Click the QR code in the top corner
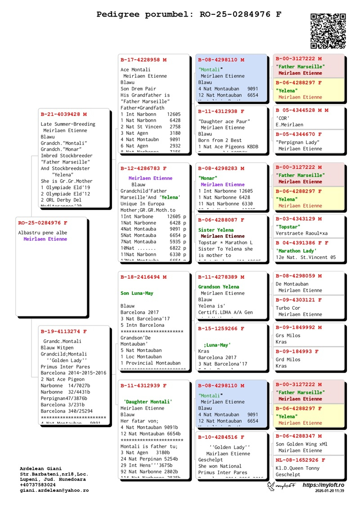[328, 31]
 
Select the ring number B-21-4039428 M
[63, 114]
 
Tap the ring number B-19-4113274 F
[63, 331]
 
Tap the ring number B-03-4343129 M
[299, 218]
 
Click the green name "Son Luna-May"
[137, 293]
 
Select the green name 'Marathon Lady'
[297, 250]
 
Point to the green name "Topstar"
[288, 227]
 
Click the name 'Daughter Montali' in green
[148, 401]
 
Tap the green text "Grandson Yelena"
[219, 287]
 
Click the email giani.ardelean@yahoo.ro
[54, 490]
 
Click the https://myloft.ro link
[323, 486]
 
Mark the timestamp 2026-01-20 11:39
[329, 491]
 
